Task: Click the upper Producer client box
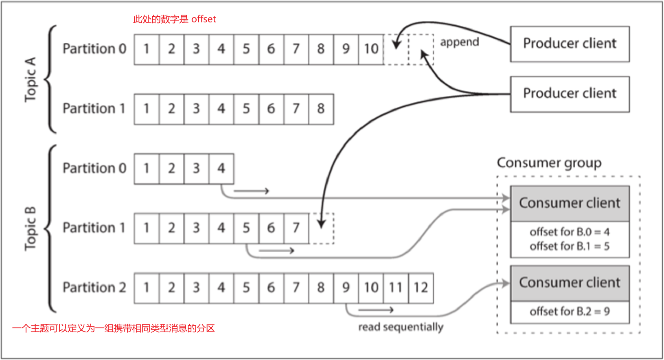[x=570, y=44]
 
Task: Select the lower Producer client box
[x=570, y=94]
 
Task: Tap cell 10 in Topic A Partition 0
[x=371, y=49]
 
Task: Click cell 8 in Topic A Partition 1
[x=321, y=109]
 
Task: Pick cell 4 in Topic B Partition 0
[x=221, y=169]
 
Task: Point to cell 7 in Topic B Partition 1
[x=296, y=228]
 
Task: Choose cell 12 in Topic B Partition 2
[x=421, y=288]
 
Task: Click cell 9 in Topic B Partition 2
[x=346, y=288]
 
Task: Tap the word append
[x=459, y=42]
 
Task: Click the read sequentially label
[x=401, y=327]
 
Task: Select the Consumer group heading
[x=549, y=163]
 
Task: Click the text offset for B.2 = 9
[x=569, y=312]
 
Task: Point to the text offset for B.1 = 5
[x=569, y=246]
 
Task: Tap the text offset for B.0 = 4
[x=569, y=232]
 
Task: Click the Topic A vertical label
[x=31, y=79]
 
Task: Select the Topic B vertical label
[x=31, y=228]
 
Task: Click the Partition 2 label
[x=94, y=288]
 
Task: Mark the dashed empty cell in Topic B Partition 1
[x=322, y=228]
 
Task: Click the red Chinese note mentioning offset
[x=174, y=19]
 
